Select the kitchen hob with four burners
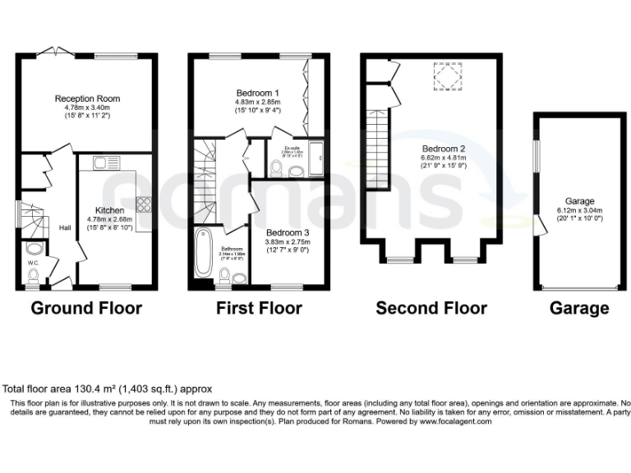pyautogui.click(x=142, y=204)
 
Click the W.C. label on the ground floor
pyautogui.click(x=33, y=264)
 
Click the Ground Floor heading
pyautogui.click(x=86, y=309)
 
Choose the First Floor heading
pyautogui.click(x=258, y=309)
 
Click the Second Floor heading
pyautogui.click(x=431, y=309)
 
